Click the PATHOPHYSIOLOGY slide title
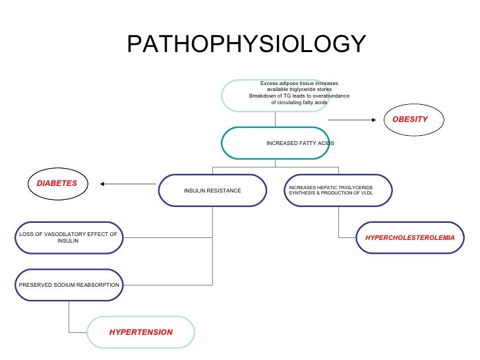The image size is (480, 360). pyautogui.click(x=245, y=45)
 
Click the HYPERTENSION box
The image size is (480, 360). pyautogui.click(x=141, y=332)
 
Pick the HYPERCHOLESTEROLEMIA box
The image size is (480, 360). pyautogui.click(x=410, y=236)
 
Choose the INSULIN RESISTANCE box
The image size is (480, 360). pyautogui.click(x=212, y=191)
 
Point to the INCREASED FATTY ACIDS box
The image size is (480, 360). pyautogui.click(x=276, y=143)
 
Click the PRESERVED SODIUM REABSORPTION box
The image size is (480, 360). pyautogui.click(x=69, y=285)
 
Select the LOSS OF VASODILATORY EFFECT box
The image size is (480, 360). pyautogui.click(x=68, y=237)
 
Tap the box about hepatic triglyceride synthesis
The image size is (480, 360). pyautogui.click(x=338, y=190)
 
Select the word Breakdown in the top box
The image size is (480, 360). pyautogui.click(x=261, y=96)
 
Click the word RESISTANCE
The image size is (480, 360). pyautogui.click(x=225, y=191)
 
